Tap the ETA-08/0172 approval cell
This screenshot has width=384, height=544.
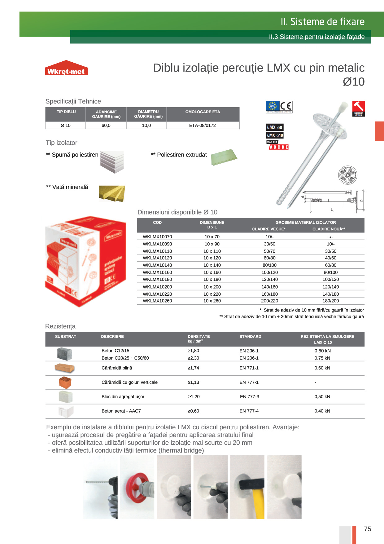[x=203, y=126]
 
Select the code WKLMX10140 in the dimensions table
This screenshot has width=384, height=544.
[x=157, y=265]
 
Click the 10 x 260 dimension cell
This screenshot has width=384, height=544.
[x=212, y=301]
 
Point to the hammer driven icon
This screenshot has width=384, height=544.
[x=359, y=108]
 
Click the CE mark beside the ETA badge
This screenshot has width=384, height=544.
[x=286, y=106]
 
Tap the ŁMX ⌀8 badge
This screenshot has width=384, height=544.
[x=274, y=127]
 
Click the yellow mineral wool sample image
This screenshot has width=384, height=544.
[x=112, y=193]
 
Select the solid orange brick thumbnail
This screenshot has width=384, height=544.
[x=64, y=368]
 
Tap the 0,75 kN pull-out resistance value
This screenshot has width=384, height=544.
[x=322, y=358]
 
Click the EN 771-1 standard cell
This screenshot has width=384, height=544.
[x=249, y=368]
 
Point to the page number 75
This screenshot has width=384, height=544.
[x=368, y=529]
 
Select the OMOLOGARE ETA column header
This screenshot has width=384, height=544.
[x=203, y=112]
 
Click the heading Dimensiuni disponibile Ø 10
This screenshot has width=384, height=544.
[x=177, y=212]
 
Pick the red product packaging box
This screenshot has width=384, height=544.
[x=86, y=261]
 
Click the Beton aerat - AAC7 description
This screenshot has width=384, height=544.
[x=121, y=411]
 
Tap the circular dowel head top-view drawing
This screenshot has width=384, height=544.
[x=348, y=175]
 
